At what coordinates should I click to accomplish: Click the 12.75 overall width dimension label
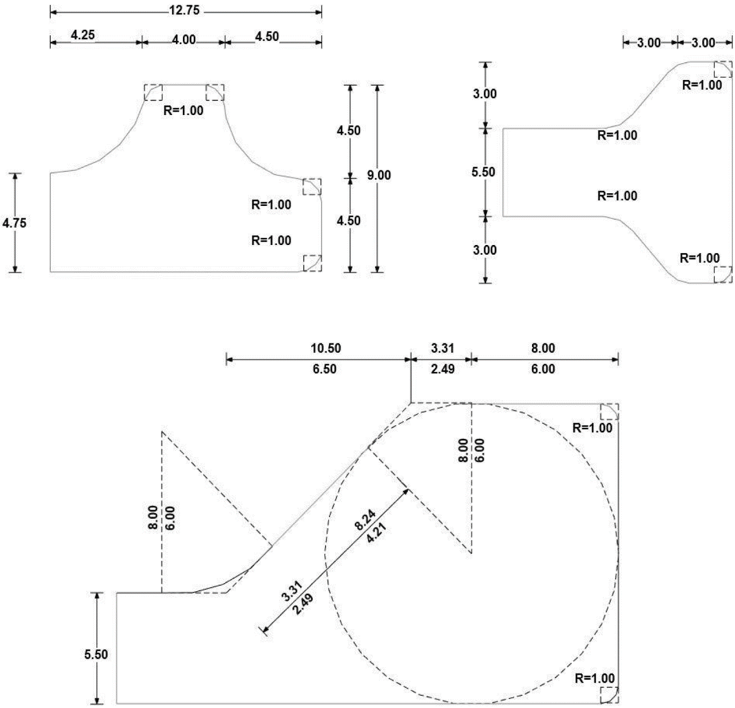184,10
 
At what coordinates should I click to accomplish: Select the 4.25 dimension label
83,35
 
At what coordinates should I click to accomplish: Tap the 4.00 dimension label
183,39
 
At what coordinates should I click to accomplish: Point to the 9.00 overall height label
379,175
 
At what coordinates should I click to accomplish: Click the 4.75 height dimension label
14,223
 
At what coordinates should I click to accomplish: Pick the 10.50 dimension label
326,348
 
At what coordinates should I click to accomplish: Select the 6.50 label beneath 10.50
324,369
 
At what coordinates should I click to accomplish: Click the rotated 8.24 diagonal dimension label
365,520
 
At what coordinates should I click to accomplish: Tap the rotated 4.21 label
376,533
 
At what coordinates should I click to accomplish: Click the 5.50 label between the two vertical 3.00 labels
483,172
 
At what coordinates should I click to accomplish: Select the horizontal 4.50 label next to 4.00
267,37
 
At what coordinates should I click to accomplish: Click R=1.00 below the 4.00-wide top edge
183,110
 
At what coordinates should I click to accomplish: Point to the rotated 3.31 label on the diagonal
292,591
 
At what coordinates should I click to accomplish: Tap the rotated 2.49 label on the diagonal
303,604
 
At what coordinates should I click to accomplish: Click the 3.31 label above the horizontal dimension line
442,348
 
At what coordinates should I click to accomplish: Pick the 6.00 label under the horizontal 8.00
543,369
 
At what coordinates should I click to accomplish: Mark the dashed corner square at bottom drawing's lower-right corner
610,695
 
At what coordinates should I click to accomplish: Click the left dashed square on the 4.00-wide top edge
154,93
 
